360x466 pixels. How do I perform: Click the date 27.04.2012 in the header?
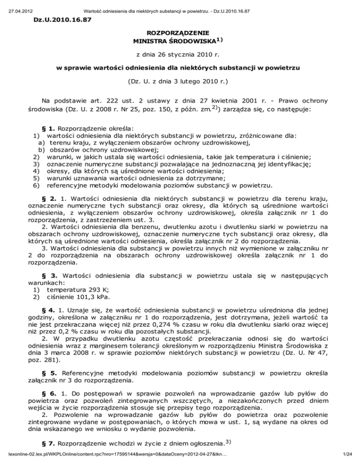[14, 4]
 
